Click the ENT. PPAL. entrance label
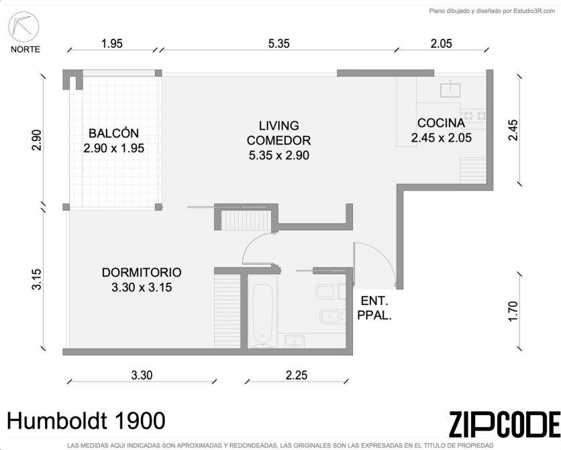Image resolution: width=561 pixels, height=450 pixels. (375, 308)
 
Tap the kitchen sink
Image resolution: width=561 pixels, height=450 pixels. (451, 89)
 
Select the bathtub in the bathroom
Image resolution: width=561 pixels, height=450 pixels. (262, 311)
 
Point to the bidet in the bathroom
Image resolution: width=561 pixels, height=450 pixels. (332, 316)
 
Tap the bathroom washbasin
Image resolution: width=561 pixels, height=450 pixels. (295, 341)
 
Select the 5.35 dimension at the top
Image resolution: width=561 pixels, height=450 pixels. (278, 44)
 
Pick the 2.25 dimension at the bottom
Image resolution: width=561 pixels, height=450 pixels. (296, 375)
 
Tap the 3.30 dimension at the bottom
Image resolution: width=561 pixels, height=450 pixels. (142, 375)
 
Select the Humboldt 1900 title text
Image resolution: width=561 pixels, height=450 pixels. (86, 420)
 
